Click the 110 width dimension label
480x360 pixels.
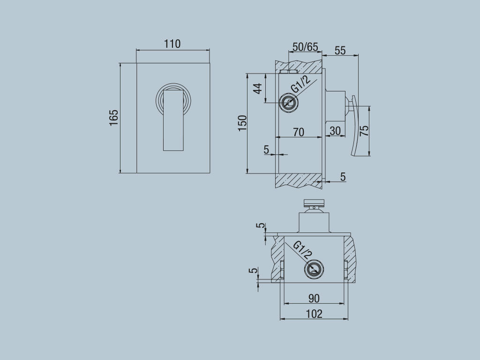pyautogui.click(x=172, y=44)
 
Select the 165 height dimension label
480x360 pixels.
pyautogui.click(x=113, y=118)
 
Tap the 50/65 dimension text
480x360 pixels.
pyautogui.click(x=305, y=47)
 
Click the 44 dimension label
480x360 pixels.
pyautogui.click(x=258, y=89)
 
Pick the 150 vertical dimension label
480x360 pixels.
pyautogui.click(x=242, y=123)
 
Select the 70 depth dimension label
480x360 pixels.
pyautogui.click(x=298, y=132)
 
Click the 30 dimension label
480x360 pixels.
pyautogui.click(x=335, y=131)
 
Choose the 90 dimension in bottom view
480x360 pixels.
pyautogui.click(x=314, y=298)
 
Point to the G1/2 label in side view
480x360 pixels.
pyautogui.click(x=301, y=84)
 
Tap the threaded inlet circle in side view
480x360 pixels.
pyautogui.click(x=287, y=103)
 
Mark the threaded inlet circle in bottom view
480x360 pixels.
pyautogui.click(x=314, y=270)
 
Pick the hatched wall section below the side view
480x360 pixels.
pyautogui.click(x=298, y=180)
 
